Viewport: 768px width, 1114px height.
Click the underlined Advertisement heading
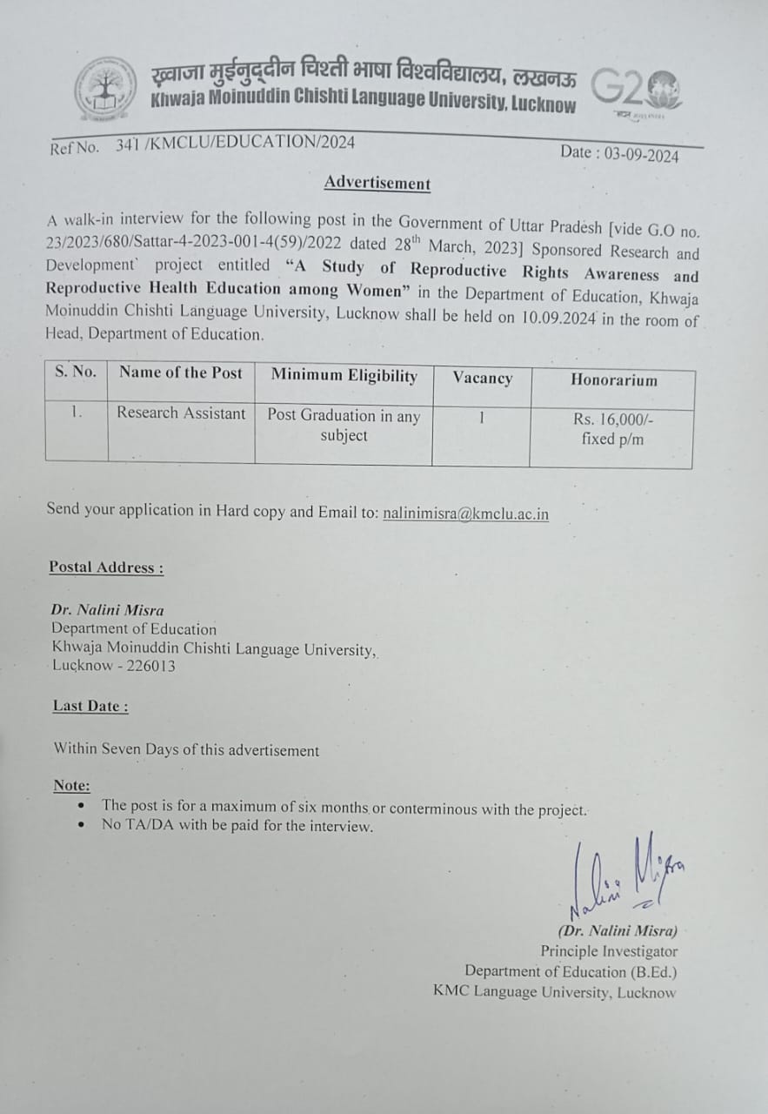click(x=377, y=183)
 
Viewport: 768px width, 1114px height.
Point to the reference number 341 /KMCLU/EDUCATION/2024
click(x=235, y=144)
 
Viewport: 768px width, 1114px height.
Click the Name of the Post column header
click(x=181, y=372)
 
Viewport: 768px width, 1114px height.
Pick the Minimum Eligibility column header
click(x=344, y=375)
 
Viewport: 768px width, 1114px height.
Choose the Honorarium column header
click(x=613, y=379)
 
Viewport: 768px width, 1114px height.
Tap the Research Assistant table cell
click(x=181, y=413)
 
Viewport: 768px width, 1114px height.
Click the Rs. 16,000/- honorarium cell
click(x=613, y=428)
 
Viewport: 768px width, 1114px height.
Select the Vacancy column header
click(x=482, y=378)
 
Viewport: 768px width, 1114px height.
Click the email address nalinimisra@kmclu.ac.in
click(x=465, y=513)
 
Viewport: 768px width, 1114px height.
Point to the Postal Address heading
click(x=106, y=567)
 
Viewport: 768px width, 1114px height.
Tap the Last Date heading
click(x=90, y=706)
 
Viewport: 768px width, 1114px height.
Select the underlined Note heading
click(x=71, y=785)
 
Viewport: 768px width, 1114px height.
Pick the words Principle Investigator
click(x=609, y=951)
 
